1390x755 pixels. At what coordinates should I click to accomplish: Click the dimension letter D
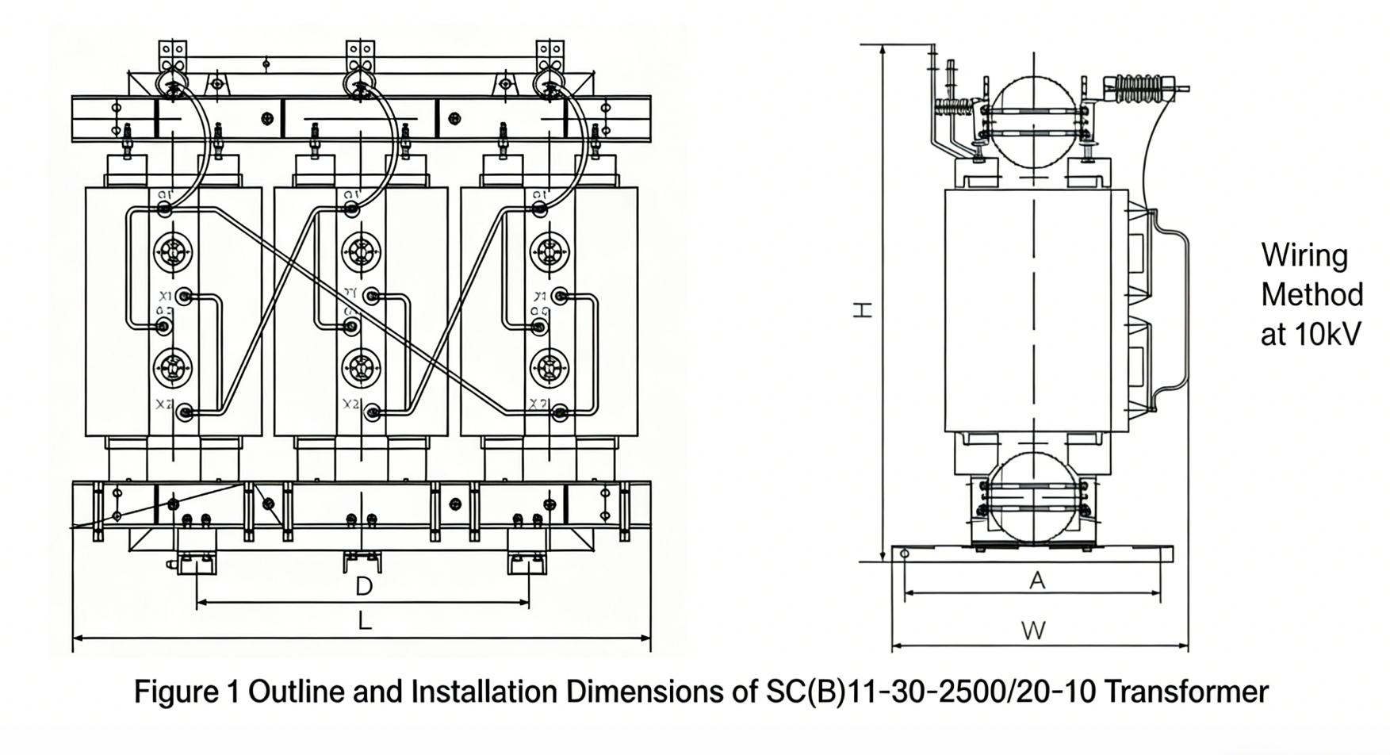point(363,587)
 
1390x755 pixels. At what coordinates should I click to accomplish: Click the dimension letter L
point(363,621)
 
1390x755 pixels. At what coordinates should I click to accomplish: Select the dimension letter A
point(1036,581)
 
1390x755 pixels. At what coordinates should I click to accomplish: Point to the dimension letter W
point(1033,631)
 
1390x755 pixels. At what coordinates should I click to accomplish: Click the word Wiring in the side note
point(1304,256)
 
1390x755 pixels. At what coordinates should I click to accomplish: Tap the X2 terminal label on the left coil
point(164,404)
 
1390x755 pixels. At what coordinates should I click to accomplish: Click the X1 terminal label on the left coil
point(165,296)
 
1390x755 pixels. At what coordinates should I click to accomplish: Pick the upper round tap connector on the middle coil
point(361,252)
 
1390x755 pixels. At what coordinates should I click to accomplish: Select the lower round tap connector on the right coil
point(549,367)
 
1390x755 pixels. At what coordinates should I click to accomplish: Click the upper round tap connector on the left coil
point(172,252)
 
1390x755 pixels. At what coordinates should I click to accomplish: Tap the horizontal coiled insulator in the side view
point(1141,88)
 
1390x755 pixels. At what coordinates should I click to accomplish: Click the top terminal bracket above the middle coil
point(360,56)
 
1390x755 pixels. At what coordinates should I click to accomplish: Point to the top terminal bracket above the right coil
point(549,56)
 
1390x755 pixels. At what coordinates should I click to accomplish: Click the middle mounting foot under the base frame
point(362,561)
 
